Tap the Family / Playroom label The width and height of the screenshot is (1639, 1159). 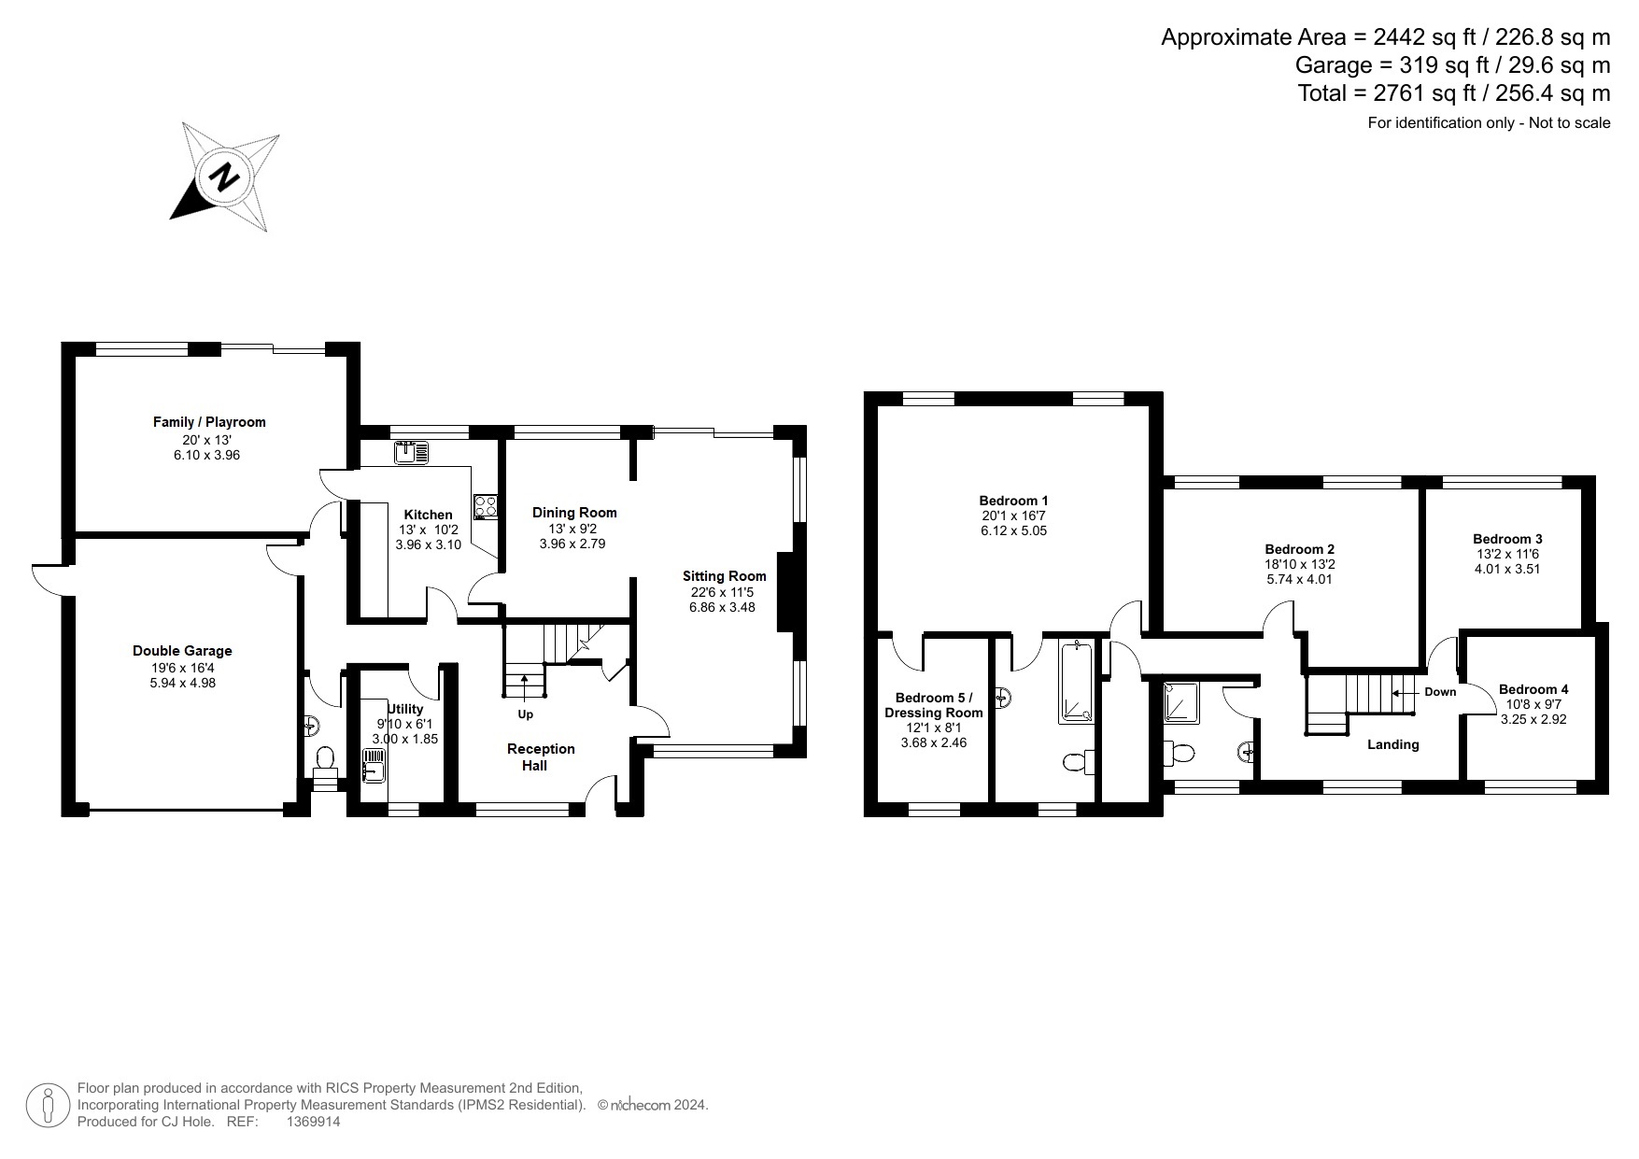tap(209, 422)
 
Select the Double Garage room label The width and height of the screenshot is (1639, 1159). tap(182, 651)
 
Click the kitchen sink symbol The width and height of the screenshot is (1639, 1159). tap(411, 453)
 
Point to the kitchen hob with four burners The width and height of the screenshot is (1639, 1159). tap(486, 506)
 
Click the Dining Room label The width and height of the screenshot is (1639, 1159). tap(574, 512)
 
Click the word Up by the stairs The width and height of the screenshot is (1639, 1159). tap(526, 714)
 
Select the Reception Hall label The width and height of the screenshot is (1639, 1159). tap(541, 757)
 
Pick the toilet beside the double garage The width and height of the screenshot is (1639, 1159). tap(325, 762)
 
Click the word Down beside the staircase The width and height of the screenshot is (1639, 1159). tap(1440, 692)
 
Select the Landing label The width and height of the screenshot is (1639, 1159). tap(1392, 744)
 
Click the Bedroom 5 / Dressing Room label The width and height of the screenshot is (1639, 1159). tap(933, 705)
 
